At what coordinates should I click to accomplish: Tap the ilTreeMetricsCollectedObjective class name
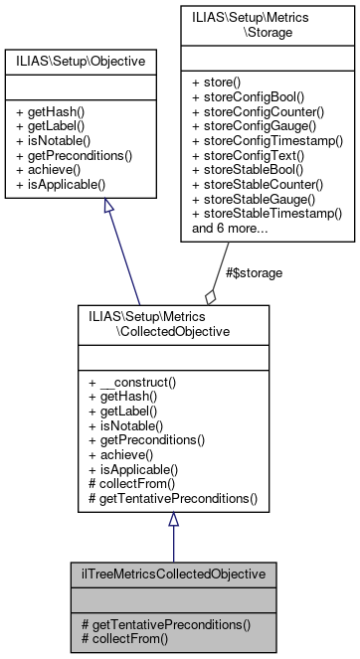(x=173, y=574)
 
